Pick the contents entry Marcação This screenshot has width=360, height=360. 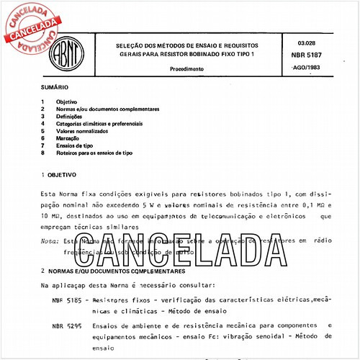pos(75,138)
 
